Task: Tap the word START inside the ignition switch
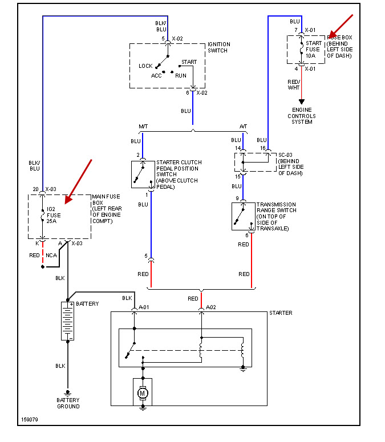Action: coord(189,61)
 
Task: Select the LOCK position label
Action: coord(145,66)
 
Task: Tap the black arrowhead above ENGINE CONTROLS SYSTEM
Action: coord(302,102)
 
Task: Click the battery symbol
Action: coord(68,321)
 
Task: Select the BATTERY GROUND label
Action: coord(68,403)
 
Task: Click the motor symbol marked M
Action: coord(143,392)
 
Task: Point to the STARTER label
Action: coord(280,313)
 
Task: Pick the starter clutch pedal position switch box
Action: coord(143,174)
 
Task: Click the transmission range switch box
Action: coord(243,216)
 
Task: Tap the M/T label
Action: coord(143,126)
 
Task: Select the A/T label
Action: coord(244,126)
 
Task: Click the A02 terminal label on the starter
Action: coord(211,307)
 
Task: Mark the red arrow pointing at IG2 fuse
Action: coord(79,181)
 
